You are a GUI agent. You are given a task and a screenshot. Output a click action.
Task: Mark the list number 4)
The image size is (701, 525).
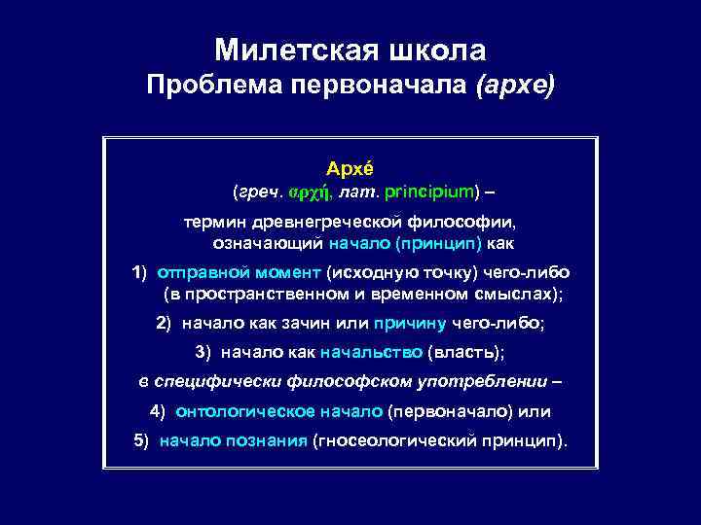(x=159, y=411)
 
